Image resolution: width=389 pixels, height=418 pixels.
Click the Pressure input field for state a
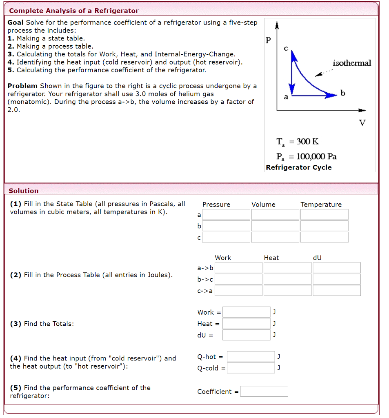click(x=226, y=214)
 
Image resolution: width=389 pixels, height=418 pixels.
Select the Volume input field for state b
click(x=275, y=226)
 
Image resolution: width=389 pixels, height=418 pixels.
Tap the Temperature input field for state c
click(x=325, y=237)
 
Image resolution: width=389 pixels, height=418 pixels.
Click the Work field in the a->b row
click(x=238, y=268)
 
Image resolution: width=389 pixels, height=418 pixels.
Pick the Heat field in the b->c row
click(x=287, y=279)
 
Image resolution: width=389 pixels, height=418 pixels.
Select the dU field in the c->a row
click(x=337, y=291)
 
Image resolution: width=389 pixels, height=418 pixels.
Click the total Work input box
click(x=246, y=312)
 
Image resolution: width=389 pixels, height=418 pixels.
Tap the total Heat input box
click(x=246, y=324)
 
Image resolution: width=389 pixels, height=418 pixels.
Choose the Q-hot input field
click(x=251, y=357)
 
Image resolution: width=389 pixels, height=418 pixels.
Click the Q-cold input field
click(x=251, y=368)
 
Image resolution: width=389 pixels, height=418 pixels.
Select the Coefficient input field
click(x=264, y=391)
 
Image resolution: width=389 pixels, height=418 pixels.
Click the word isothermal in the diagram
click(x=352, y=63)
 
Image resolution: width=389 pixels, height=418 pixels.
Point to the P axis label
click(x=268, y=40)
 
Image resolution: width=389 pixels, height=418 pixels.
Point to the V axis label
click(x=362, y=122)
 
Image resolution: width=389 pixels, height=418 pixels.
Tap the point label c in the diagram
click(x=286, y=48)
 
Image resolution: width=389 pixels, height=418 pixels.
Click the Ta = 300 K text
click(x=298, y=142)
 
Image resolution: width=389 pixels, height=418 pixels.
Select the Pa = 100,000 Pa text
click(x=306, y=156)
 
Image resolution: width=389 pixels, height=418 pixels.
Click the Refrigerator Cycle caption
click(x=299, y=167)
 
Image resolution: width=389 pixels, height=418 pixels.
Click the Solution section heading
click(x=24, y=191)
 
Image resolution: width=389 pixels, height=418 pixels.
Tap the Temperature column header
click(x=321, y=205)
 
